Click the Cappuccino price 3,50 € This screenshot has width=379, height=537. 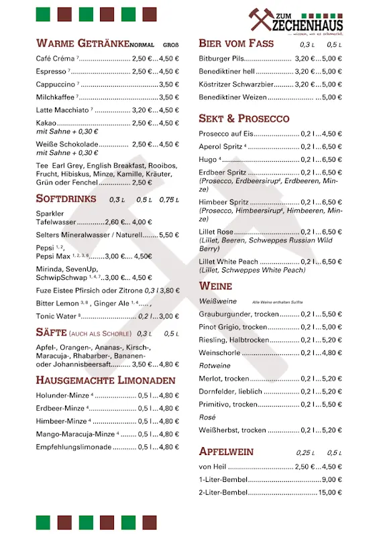click(169, 85)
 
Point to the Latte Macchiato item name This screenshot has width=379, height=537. click(62, 110)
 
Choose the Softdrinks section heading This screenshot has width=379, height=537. click(66, 199)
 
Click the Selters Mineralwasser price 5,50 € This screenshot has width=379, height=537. click(169, 236)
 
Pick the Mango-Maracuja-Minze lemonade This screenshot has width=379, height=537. click(76, 434)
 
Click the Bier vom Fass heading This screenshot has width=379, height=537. click(236, 43)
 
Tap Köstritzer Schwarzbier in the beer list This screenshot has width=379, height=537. click(236, 85)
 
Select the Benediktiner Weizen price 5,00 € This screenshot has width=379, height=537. click(331, 97)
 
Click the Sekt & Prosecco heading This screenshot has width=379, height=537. click(244, 118)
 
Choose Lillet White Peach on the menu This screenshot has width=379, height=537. click(228, 261)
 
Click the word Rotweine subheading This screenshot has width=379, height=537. click(214, 366)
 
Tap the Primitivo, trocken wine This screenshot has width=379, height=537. click(228, 404)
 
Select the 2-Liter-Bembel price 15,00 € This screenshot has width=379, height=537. click(330, 493)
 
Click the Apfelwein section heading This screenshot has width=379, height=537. click(226, 451)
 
